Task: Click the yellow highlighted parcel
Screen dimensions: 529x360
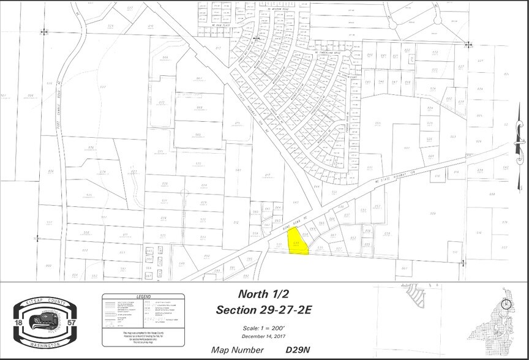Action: (299, 245)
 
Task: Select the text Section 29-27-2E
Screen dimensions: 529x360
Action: (264, 310)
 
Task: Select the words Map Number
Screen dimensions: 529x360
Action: (238, 350)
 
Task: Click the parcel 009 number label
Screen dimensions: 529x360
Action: (433, 213)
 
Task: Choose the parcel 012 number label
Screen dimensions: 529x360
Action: (236, 223)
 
